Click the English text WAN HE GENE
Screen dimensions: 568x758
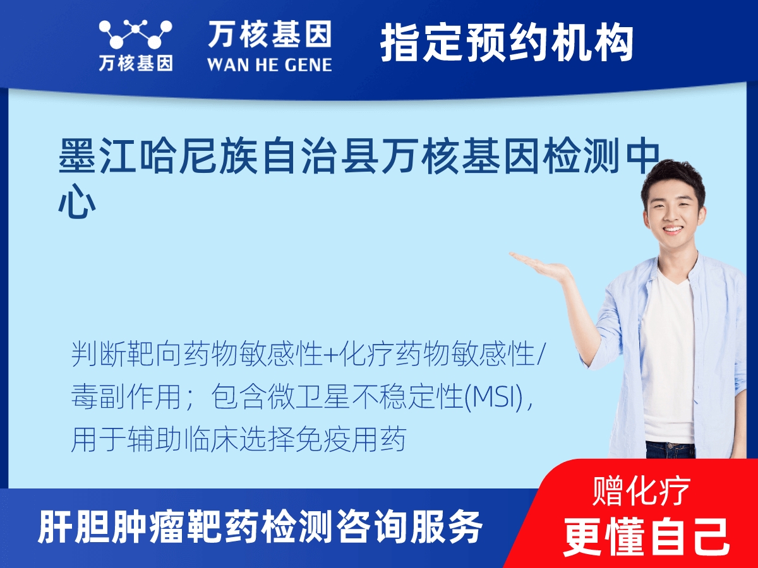(x=270, y=64)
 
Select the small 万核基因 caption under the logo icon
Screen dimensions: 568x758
(x=135, y=64)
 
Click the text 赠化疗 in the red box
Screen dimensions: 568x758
(x=642, y=490)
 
